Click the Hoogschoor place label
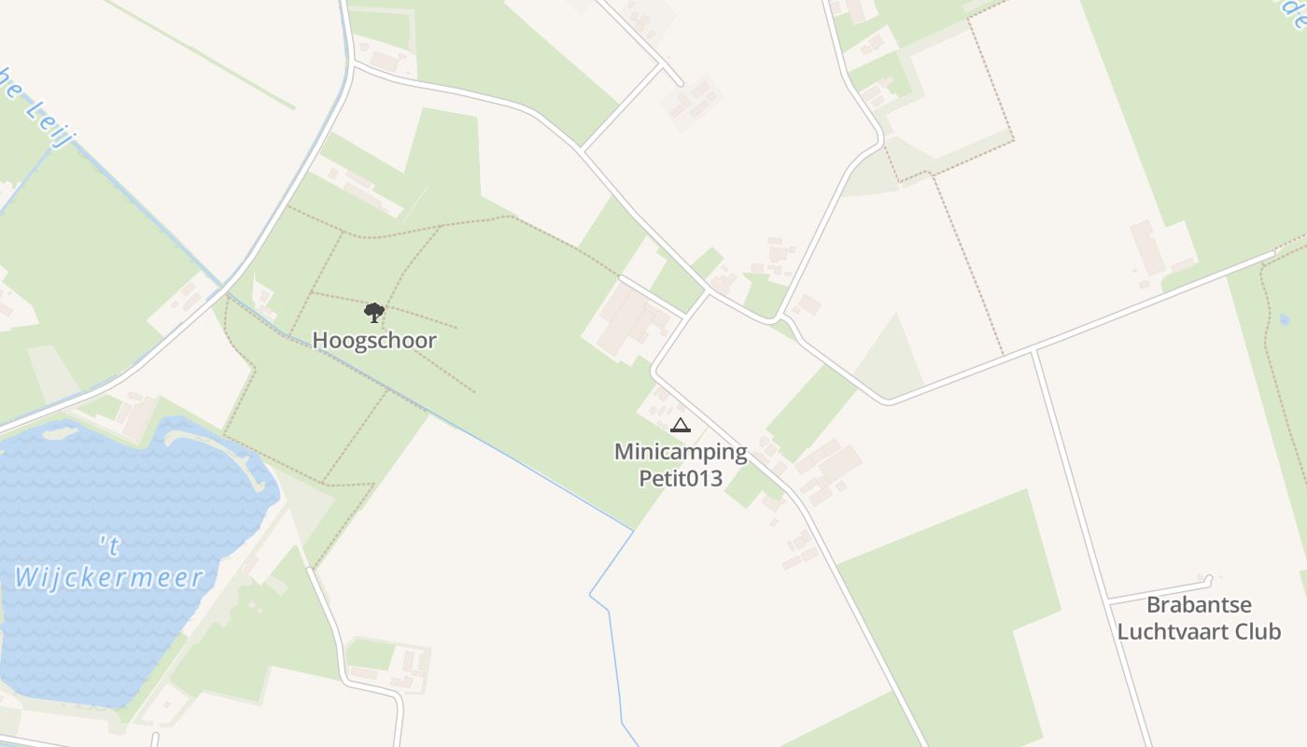(x=373, y=340)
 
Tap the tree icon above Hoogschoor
(x=373, y=312)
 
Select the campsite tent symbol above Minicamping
(x=681, y=426)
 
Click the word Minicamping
(x=681, y=453)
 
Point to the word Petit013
(x=681, y=479)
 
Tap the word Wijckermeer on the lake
(x=109, y=577)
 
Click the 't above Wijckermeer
(x=109, y=543)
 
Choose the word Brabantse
(x=1199, y=604)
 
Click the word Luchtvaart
(x=1173, y=631)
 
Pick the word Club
(x=1258, y=631)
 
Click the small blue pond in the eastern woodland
(x=1285, y=319)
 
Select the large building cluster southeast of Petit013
(x=822, y=467)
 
